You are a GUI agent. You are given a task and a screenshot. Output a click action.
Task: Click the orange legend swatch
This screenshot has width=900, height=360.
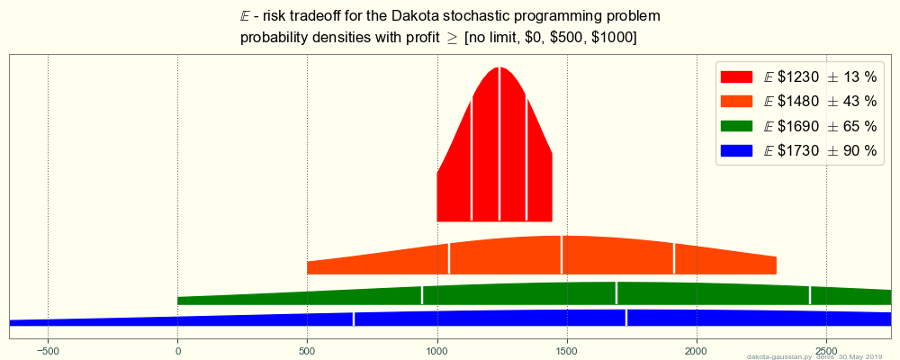click(736, 102)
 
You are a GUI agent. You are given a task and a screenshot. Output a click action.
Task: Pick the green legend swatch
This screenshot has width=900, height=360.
click(736, 127)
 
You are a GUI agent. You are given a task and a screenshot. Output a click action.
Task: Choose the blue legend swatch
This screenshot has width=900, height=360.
click(736, 151)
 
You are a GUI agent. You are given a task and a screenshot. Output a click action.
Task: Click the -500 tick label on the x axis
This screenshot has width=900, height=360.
click(48, 349)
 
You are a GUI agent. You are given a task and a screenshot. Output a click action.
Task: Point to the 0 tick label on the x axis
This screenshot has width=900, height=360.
click(178, 349)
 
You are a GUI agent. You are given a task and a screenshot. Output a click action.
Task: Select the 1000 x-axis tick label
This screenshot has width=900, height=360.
click(437, 349)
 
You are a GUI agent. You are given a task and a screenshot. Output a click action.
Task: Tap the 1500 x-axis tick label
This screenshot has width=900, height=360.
click(567, 349)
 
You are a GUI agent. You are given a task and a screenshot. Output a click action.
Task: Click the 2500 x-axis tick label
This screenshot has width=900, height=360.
click(826, 349)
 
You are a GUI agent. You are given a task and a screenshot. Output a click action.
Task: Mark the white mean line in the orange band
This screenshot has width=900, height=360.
click(562, 255)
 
